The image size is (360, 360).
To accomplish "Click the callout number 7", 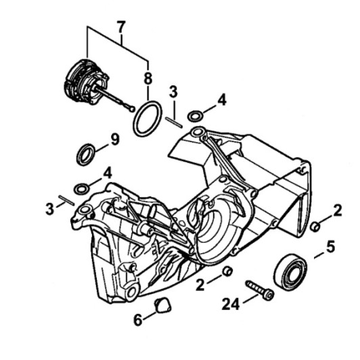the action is point(121,28).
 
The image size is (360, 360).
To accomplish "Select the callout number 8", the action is point(148,78).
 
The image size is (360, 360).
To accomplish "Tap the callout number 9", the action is point(115,139).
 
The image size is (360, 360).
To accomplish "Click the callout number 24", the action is point(231,304).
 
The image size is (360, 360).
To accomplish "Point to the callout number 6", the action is point(138,319).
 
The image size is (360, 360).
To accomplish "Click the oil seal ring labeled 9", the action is point(86,154).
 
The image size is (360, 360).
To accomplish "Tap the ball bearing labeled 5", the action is point(291,271).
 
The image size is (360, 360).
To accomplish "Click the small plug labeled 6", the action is point(163,305).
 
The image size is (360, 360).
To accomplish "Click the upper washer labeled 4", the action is point(196,116).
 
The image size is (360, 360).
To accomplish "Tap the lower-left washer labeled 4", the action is point(81,189).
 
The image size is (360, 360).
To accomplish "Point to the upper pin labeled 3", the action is point(174,122).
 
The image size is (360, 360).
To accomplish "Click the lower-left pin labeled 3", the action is point(66,200).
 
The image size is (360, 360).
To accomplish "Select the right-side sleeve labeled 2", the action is point(315,227).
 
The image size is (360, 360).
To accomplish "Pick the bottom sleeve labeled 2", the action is point(227,271).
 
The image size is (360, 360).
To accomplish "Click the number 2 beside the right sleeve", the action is point(338,210).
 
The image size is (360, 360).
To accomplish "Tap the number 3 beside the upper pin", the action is point(173,91).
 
